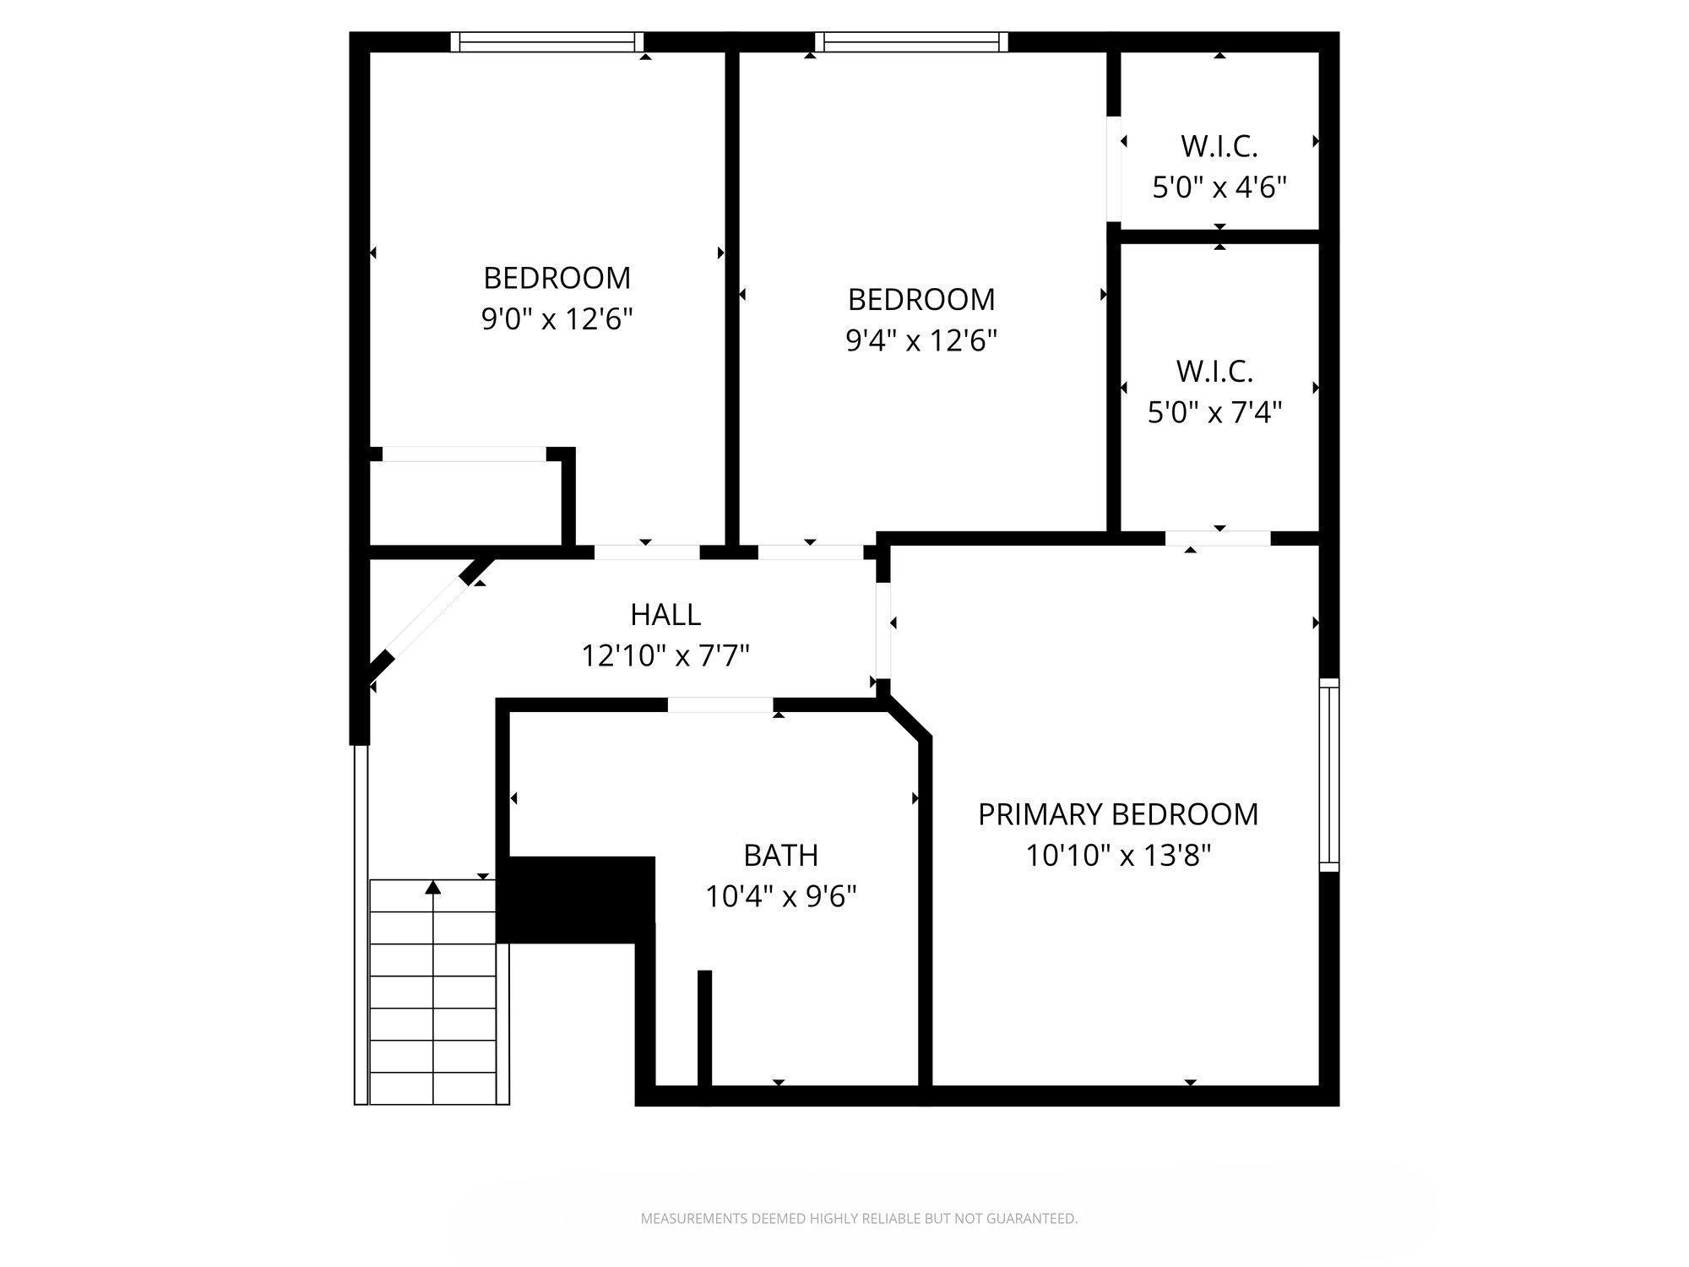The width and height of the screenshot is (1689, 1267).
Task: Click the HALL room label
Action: click(x=665, y=615)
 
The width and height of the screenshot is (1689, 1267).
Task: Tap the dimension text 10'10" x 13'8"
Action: click(x=1118, y=856)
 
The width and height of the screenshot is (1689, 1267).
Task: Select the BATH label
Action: click(x=780, y=855)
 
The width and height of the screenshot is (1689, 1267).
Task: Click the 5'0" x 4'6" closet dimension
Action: click(x=1219, y=187)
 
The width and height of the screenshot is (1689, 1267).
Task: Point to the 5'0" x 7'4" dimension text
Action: click(x=1214, y=413)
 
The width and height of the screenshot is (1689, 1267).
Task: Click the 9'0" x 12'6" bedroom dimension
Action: click(x=557, y=319)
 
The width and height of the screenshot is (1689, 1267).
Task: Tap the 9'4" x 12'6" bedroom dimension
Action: click(x=921, y=340)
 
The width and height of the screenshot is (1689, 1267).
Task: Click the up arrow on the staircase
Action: click(x=433, y=888)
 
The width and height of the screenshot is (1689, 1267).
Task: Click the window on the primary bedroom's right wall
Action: click(x=1328, y=775)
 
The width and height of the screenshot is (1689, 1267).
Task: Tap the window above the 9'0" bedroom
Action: click(x=546, y=42)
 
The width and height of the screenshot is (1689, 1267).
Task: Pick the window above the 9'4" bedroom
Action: click(x=911, y=42)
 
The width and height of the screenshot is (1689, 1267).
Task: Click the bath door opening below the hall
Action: click(x=720, y=705)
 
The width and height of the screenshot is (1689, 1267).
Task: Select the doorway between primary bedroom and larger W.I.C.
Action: click(x=1218, y=538)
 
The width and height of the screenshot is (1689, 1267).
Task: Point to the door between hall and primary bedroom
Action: click(x=883, y=630)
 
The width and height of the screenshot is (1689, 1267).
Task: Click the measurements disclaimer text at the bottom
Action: click(x=859, y=1218)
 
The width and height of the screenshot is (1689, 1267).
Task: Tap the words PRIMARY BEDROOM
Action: click(x=1118, y=814)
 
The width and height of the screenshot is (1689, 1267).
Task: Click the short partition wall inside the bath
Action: click(x=704, y=1027)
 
